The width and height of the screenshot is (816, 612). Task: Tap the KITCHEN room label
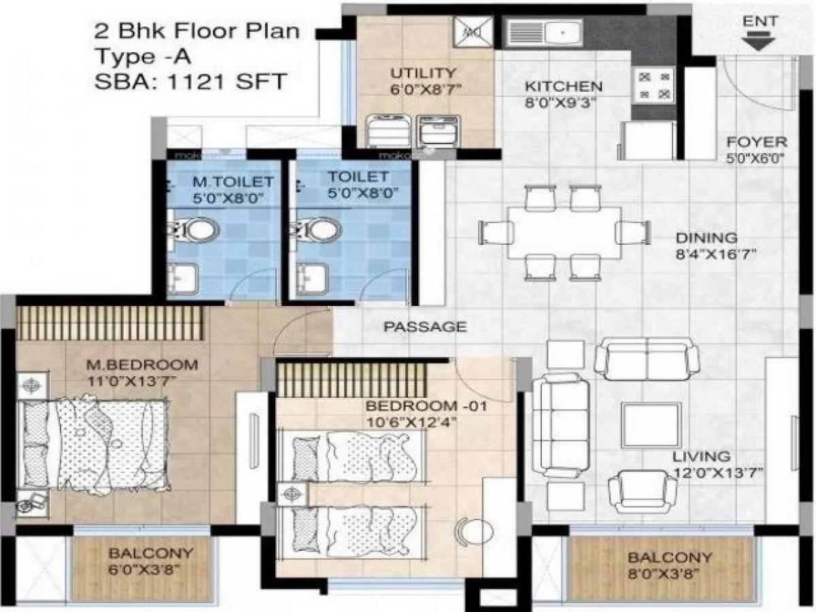563,86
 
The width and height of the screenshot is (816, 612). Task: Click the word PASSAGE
426,326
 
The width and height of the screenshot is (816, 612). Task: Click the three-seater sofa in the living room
560,426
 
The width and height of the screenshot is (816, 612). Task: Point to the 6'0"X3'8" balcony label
141,571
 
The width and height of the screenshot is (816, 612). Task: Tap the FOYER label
756,143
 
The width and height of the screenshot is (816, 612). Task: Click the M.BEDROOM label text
143,364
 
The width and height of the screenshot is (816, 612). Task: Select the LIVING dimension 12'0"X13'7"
717,473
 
